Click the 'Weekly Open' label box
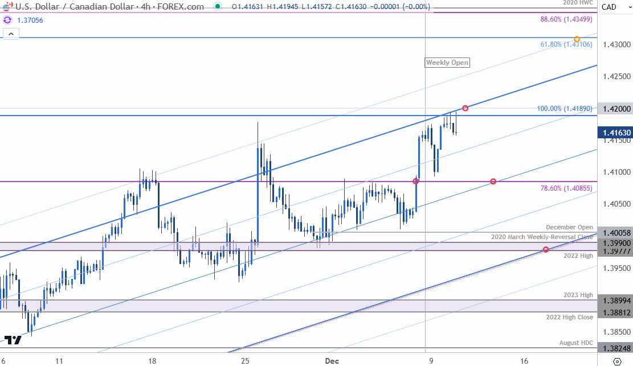click(447, 63)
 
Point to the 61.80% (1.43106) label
click(568, 44)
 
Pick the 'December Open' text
click(569, 227)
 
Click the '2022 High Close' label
click(570, 317)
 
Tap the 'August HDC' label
click(576, 343)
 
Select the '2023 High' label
click(579, 295)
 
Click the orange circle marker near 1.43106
click(577, 39)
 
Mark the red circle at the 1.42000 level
click(465, 108)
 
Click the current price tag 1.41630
click(615, 133)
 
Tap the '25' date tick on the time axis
click(245, 361)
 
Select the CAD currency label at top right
click(609, 7)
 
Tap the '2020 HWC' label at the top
click(579, 3)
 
